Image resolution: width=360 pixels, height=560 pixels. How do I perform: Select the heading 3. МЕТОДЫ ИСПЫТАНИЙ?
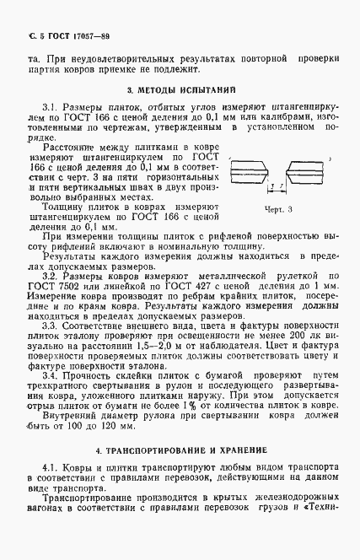click(180, 88)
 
